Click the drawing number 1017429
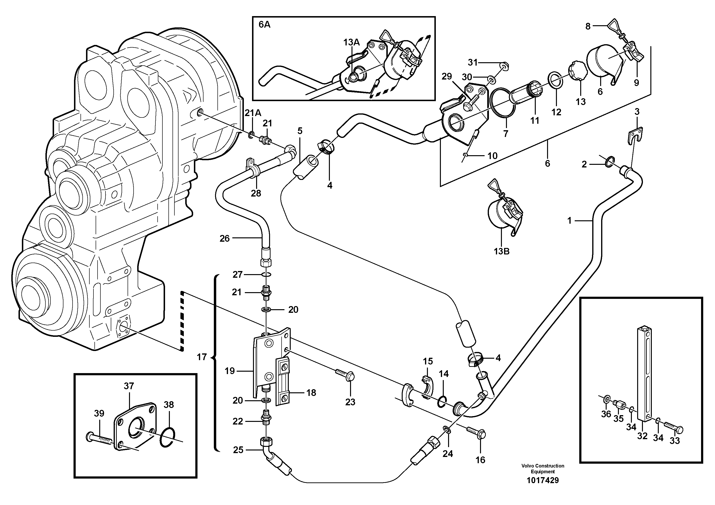[542, 480]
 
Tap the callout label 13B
[501, 251]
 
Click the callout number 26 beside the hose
[225, 239]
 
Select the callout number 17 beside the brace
[202, 357]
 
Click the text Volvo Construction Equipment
[542, 468]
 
